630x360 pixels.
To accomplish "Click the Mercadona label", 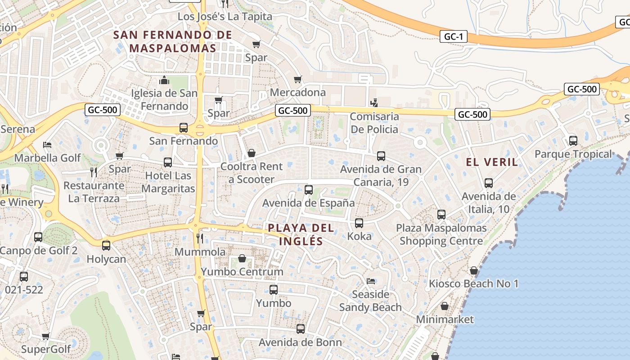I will pyautogui.click(x=297, y=92).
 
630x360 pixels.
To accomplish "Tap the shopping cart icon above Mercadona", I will pyautogui.click(x=297, y=80).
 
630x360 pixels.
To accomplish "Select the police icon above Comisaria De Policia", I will pyautogui.click(x=373, y=103).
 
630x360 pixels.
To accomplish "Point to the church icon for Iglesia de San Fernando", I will pyautogui.click(x=164, y=81).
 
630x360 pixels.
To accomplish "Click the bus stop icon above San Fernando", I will pyautogui.click(x=184, y=127).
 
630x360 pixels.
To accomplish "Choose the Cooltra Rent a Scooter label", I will pyautogui.click(x=252, y=173).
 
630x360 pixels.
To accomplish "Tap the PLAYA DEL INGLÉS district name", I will pyautogui.click(x=301, y=234).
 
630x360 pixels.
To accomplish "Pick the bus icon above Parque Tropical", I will pyautogui.click(x=573, y=141).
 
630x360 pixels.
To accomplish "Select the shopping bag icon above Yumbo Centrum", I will pyautogui.click(x=242, y=258).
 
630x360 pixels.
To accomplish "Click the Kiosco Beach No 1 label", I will pyautogui.click(x=473, y=283).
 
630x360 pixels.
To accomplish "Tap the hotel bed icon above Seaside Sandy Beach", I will pyautogui.click(x=370, y=281).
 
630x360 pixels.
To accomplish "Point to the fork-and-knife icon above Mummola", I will pyautogui.click(x=200, y=238).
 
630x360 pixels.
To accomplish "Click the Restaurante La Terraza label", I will pyautogui.click(x=93, y=192).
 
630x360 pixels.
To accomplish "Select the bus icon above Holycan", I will pyautogui.click(x=106, y=246).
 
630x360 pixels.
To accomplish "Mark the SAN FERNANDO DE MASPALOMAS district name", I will pyautogui.click(x=173, y=41).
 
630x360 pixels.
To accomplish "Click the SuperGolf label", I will pyautogui.click(x=46, y=349).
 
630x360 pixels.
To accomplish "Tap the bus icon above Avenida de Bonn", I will pyautogui.click(x=301, y=329).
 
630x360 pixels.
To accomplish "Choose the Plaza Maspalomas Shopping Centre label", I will pyautogui.click(x=441, y=234).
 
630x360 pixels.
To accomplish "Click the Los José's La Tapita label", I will pyautogui.click(x=225, y=17).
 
